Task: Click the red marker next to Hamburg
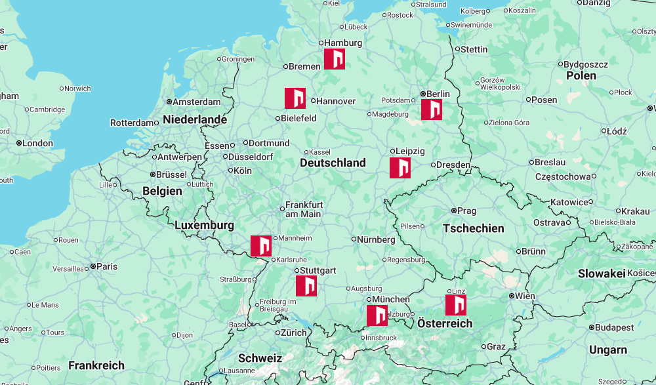[x=335, y=59]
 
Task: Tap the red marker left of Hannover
[x=295, y=98]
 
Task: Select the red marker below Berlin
[x=432, y=110]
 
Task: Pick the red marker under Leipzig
[x=400, y=168]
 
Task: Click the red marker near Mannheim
[x=261, y=246]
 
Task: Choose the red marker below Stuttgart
[x=306, y=286]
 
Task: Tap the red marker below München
[x=377, y=315]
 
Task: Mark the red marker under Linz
[x=456, y=305]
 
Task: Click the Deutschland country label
[x=333, y=163]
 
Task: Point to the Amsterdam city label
[x=197, y=102]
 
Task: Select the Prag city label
[x=466, y=211]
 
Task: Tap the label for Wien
[x=525, y=296]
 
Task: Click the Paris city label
[x=107, y=266]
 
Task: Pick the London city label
[x=37, y=143]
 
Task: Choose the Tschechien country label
[x=474, y=228]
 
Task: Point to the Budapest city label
[x=615, y=327]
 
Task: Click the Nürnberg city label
[x=376, y=240]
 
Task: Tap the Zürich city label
[x=293, y=333]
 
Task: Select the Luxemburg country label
[x=204, y=226]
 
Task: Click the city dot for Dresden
[x=433, y=165]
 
